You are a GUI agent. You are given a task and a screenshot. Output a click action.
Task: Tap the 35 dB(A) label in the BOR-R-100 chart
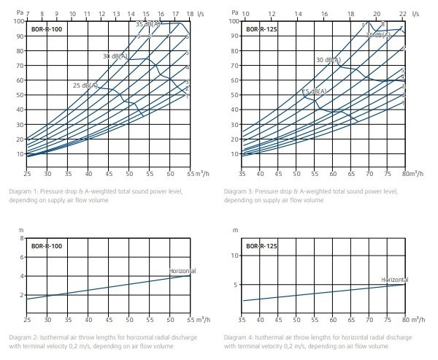click(148, 24)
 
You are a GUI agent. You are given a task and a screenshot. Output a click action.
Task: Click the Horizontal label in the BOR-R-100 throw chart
click(183, 271)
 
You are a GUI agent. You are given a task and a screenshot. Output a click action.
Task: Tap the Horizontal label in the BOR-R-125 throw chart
click(395, 280)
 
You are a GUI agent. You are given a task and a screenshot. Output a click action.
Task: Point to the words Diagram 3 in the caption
click(239, 191)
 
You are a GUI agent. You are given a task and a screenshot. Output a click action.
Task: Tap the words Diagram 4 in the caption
click(240, 337)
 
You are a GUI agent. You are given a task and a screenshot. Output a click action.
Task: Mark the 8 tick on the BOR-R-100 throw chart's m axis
click(22, 239)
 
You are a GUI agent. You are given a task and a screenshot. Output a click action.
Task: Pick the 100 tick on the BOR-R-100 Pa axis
click(18, 20)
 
